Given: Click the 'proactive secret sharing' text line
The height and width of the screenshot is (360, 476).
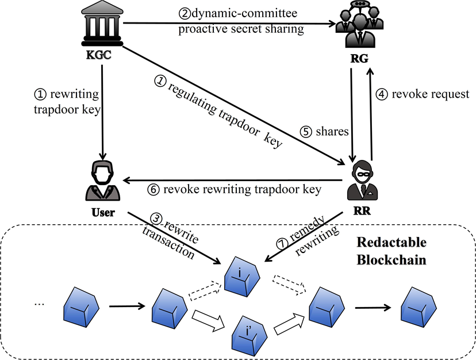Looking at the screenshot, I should (x=240, y=29).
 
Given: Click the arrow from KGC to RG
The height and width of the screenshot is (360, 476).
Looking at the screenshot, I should (x=230, y=24).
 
